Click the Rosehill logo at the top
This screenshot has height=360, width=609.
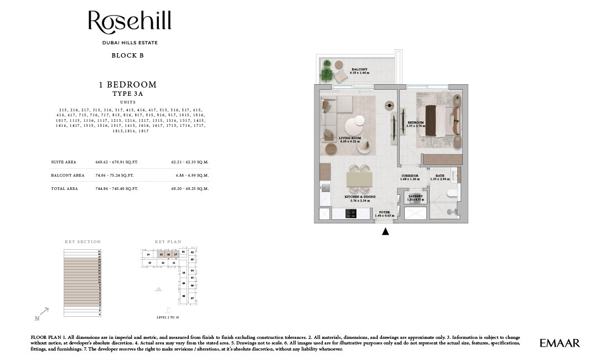(x=130, y=23)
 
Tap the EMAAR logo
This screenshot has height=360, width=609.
(x=560, y=343)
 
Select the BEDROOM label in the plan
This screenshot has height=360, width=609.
(x=416, y=124)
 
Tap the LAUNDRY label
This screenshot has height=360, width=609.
(x=415, y=197)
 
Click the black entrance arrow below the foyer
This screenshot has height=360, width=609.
(x=385, y=232)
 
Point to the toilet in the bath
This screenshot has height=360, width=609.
(x=451, y=193)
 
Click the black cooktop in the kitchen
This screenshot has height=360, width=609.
(x=350, y=214)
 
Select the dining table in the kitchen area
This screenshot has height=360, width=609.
(x=360, y=179)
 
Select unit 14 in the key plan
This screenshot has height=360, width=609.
(x=148, y=254)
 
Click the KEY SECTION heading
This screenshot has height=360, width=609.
(x=82, y=242)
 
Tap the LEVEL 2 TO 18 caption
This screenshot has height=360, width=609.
(x=169, y=318)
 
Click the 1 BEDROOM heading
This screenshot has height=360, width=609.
(x=127, y=85)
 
